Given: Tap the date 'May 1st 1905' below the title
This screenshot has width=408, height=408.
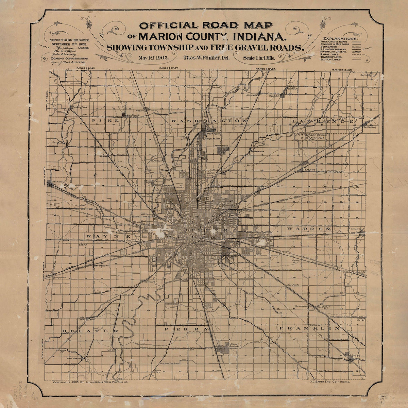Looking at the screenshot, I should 154,57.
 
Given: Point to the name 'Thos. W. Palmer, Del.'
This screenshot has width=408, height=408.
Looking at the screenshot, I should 206,57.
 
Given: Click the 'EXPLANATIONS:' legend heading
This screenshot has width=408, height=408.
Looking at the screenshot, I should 340,39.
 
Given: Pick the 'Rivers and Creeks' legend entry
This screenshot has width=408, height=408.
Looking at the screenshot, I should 335,51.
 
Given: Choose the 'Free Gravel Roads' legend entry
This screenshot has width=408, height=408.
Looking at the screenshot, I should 335,42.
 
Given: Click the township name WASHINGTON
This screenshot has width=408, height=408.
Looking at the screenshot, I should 209,121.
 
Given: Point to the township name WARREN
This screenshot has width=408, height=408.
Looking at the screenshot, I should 309,229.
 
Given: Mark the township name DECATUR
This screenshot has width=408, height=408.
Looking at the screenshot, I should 90,330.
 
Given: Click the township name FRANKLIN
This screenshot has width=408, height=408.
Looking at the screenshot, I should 309,328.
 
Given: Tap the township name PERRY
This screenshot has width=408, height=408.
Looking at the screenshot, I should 187,329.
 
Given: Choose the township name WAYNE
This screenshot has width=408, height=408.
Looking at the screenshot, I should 108,236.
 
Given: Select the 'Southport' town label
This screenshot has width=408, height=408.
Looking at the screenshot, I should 235,346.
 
